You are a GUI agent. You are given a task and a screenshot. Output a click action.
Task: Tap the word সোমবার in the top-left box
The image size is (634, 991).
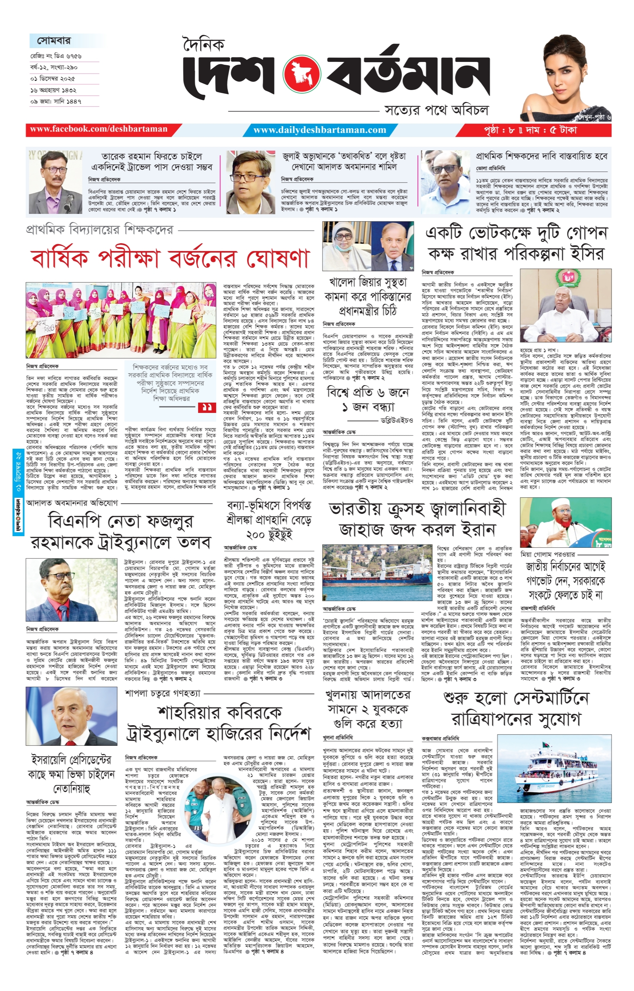click(x=54, y=41)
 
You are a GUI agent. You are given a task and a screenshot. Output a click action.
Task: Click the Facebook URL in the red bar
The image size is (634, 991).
click(x=99, y=129)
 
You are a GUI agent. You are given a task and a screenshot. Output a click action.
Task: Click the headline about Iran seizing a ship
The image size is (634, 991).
click(x=417, y=520)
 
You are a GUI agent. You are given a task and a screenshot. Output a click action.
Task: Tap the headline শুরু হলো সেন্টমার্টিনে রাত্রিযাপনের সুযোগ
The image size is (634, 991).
click(x=516, y=708)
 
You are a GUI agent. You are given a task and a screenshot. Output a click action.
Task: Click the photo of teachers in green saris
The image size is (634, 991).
click(x=120, y=319)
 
